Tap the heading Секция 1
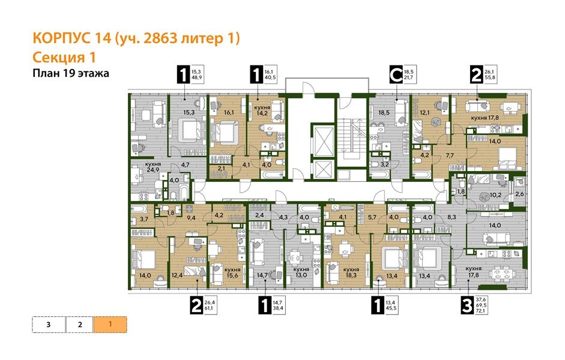click(x=63, y=57)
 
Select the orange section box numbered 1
click(x=110, y=325)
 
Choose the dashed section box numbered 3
click(x=47, y=325)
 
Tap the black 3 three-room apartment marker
click(x=466, y=307)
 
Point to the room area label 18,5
click(x=383, y=112)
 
